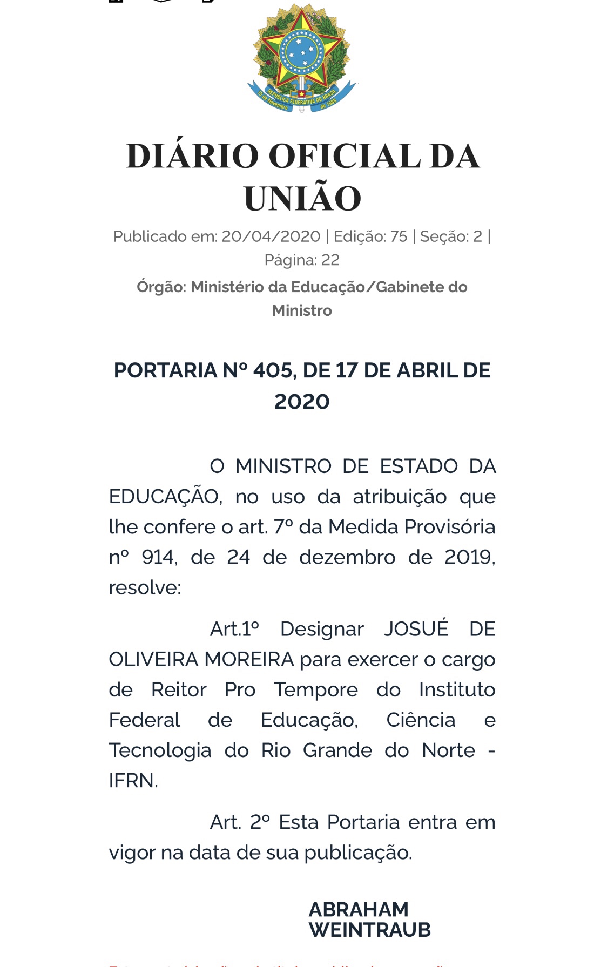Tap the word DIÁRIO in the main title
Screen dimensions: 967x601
pos(192,157)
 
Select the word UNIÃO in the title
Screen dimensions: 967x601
pos(302,199)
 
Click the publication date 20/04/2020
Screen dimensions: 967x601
pos(271,236)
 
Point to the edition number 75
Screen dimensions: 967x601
pos(399,236)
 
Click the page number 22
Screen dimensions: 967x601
pos(330,260)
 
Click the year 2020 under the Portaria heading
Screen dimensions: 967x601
pos(302,402)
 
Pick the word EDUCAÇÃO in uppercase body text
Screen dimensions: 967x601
pos(165,497)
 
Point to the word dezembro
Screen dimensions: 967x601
pos(347,557)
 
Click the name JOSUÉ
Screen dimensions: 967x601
pos(416,629)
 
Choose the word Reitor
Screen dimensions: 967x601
pos(179,690)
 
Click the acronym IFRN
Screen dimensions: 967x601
pos(132,781)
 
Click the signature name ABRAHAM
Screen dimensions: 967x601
pos(359,910)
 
